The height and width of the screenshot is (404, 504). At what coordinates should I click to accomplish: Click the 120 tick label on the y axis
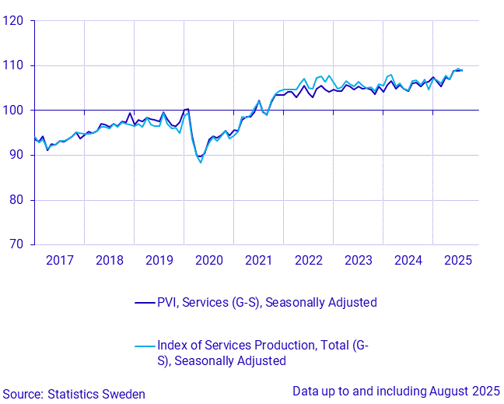(x=13, y=21)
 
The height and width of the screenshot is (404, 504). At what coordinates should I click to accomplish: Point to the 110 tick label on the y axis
(x=13, y=65)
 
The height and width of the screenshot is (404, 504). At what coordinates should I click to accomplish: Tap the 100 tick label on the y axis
(x=13, y=111)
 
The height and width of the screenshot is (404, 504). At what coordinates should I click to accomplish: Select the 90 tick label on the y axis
(x=16, y=155)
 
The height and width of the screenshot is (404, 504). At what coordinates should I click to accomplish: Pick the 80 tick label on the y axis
(x=16, y=200)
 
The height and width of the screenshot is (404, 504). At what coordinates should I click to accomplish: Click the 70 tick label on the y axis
(x=16, y=244)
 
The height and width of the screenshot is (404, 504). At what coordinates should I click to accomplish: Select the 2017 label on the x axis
(x=60, y=259)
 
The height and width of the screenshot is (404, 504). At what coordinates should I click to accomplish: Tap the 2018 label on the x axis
(x=110, y=259)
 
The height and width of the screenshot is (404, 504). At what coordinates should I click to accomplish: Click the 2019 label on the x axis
(x=159, y=259)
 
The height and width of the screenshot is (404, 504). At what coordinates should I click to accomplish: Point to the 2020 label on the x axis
(x=209, y=259)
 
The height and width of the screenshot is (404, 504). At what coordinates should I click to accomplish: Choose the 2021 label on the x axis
(x=259, y=259)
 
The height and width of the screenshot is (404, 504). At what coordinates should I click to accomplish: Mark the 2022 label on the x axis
(x=309, y=259)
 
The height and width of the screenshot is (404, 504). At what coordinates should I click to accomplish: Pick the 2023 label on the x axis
(x=359, y=259)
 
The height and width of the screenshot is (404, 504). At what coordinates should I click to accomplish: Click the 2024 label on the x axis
(x=408, y=259)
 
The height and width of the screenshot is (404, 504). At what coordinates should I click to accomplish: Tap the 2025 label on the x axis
(x=457, y=259)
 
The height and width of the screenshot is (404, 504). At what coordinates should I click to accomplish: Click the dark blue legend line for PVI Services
(x=144, y=303)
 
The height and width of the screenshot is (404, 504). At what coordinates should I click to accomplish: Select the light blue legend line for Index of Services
(x=144, y=346)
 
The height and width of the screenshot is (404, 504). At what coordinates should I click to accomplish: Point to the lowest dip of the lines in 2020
(x=201, y=161)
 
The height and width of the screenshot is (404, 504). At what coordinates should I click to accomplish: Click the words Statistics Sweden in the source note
(x=96, y=395)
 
